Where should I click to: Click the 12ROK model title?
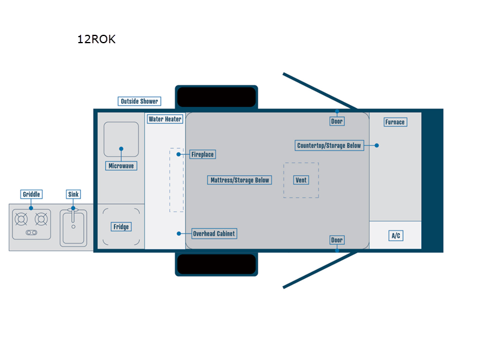tap(96, 40)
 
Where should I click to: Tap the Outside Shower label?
tap(139, 101)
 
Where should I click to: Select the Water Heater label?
tap(165, 119)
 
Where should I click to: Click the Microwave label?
tap(121, 166)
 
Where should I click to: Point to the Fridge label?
tap(121, 227)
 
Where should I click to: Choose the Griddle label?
tap(31, 194)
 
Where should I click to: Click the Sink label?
tap(73, 194)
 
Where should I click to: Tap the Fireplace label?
tap(202, 154)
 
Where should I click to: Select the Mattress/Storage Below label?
tap(240, 180)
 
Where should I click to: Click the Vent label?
tap(301, 180)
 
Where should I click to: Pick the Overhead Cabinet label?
tap(214, 233)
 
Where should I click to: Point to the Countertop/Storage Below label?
tap(329, 145)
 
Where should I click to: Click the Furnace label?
tap(395, 122)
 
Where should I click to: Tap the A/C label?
tap(395, 236)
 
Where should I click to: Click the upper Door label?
tap(337, 121)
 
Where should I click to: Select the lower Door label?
tap(337, 240)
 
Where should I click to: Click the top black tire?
tap(216, 97)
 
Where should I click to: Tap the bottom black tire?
tap(216, 264)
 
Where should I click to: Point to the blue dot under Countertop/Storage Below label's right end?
tap(377, 145)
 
